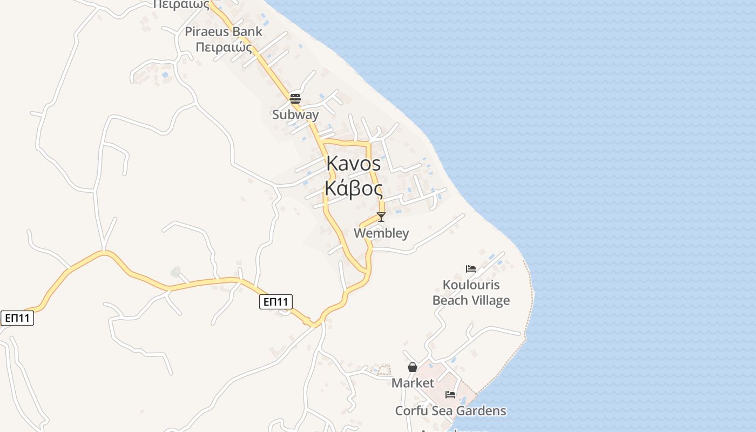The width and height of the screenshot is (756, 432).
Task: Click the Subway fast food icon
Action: (295, 98)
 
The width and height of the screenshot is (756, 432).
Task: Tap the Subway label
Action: (295, 114)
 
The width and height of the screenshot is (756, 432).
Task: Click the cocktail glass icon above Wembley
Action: (381, 217)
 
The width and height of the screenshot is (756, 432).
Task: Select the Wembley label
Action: (381, 233)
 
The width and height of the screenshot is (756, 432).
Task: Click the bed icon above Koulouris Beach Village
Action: (471, 268)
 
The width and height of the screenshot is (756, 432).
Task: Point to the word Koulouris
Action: (471, 285)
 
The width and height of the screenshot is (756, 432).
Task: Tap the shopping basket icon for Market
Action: (413, 367)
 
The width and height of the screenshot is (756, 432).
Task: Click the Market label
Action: (413, 383)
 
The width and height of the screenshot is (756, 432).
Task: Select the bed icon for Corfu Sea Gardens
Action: (450, 395)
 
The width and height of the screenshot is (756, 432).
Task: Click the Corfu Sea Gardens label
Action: (451, 411)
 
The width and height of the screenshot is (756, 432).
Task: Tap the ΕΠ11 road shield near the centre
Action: (276, 301)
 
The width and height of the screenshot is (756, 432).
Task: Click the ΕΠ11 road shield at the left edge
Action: (17, 318)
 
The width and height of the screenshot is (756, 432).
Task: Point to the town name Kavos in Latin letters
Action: (354, 164)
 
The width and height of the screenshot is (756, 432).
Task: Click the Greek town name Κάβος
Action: (354, 188)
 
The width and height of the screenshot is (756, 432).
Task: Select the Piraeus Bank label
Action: (224, 31)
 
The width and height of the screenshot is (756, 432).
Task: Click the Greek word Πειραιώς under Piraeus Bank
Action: (224, 48)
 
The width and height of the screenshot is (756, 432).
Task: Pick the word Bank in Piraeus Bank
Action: (248, 31)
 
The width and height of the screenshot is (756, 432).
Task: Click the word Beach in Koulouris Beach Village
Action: (450, 301)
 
